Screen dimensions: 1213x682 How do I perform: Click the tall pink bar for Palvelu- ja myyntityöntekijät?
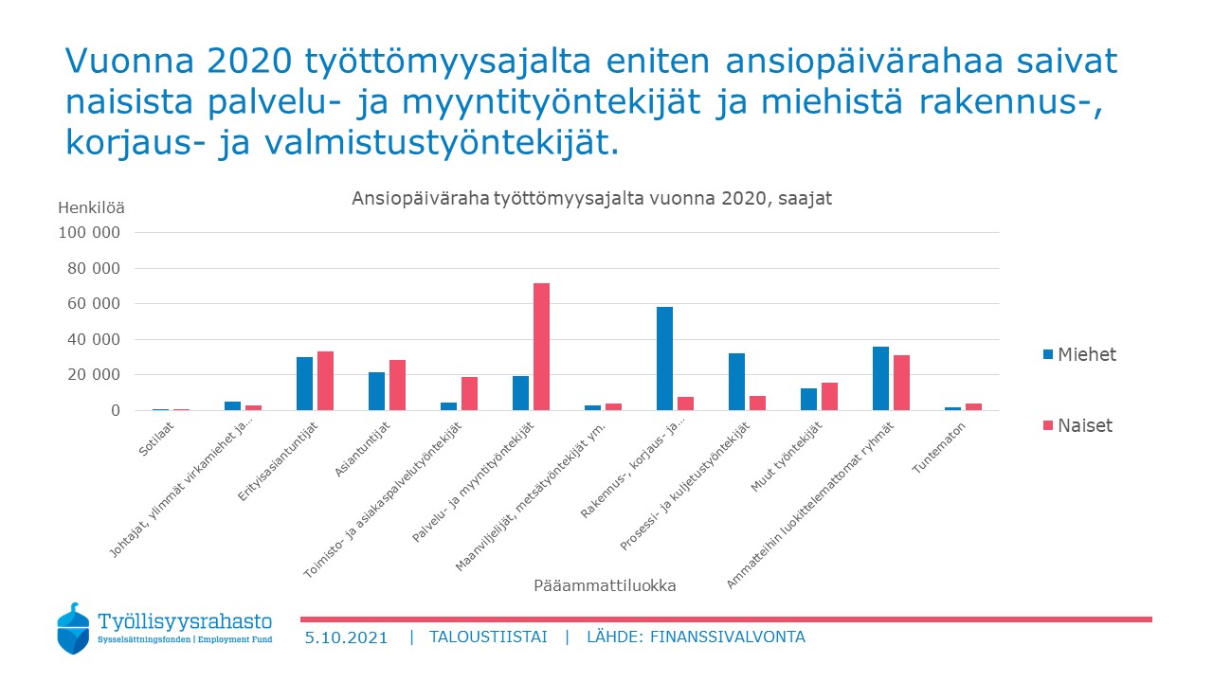coord(541,347)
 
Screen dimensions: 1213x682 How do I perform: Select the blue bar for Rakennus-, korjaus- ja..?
coord(664,358)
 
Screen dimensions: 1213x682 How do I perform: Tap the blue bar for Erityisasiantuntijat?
coord(304,384)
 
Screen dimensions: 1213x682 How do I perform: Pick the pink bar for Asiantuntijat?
coord(397,385)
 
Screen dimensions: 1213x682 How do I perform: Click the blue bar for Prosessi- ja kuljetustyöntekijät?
coord(736,382)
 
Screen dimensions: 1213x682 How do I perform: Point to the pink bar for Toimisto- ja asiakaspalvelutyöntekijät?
coord(469,393)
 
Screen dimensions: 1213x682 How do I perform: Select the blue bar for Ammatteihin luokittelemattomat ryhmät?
coord(880,378)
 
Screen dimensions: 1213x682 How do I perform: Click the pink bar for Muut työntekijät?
coord(829,396)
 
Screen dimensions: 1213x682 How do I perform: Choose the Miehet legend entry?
coord(1079,354)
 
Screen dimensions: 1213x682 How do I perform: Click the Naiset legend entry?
coord(1077,425)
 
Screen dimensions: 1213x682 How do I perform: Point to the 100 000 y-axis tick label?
coord(89,232)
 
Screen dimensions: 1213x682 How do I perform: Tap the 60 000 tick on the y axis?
coord(93,304)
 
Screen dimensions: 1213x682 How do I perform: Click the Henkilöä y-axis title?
coord(91,207)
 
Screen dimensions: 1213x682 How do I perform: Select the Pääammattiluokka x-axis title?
coord(605,585)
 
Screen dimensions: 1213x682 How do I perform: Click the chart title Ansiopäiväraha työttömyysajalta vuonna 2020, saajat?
coord(591,199)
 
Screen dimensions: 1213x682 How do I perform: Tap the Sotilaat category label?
coord(156,439)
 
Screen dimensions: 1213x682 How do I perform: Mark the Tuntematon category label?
coord(938,448)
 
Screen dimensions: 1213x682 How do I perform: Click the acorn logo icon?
coord(73,628)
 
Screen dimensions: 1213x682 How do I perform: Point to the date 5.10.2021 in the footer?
coord(346,637)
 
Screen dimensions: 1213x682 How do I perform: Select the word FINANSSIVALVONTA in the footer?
coord(727,637)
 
